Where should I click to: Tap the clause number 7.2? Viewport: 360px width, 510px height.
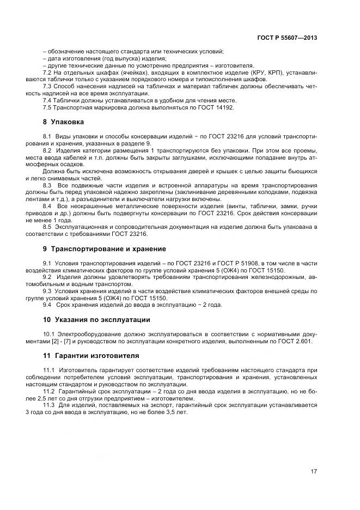click(46, 72)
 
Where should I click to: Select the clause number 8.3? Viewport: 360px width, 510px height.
click(47, 186)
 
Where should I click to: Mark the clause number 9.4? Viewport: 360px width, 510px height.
click(47, 305)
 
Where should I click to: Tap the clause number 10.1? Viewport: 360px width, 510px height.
click(48, 334)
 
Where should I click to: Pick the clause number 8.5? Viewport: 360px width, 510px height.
click(46, 227)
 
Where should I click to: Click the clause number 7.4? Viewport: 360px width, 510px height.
click(46, 101)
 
